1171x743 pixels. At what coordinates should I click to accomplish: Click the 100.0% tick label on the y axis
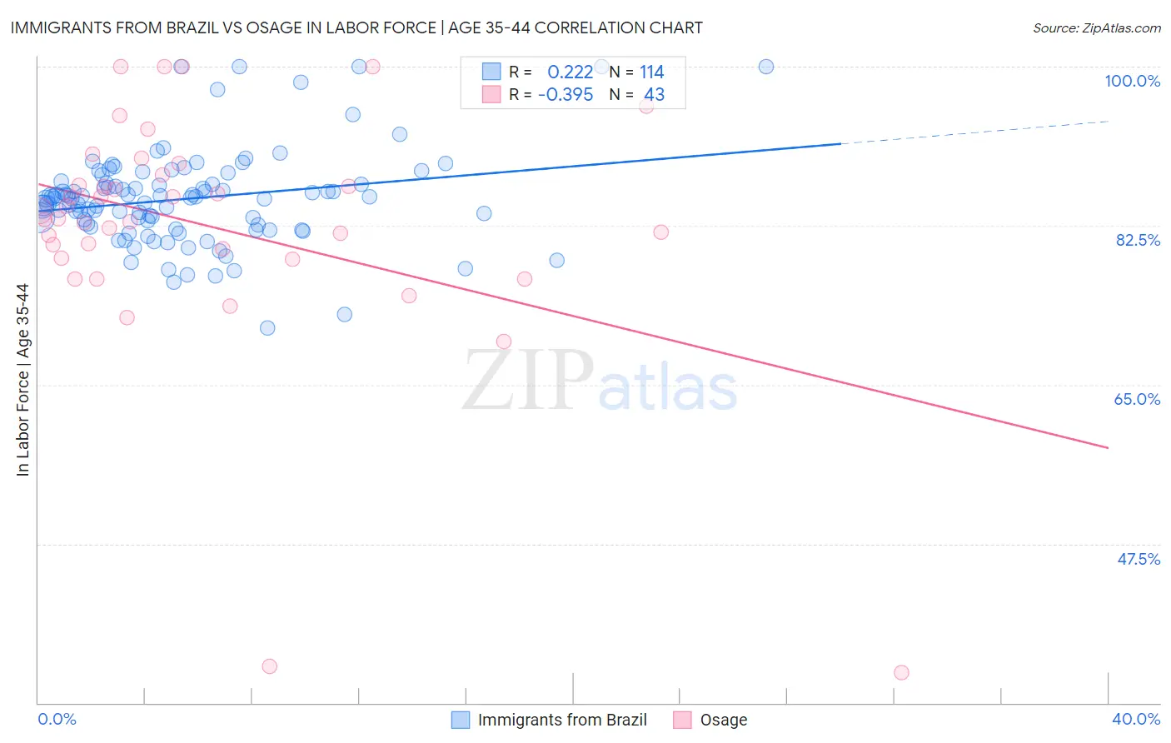(1132, 81)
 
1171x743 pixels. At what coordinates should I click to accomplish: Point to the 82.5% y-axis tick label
(1138, 240)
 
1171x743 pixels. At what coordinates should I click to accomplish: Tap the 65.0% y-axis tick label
(1137, 399)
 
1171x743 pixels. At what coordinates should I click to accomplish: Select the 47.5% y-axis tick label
(1139, 559)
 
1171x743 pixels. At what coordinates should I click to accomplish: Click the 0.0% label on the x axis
(57, 719)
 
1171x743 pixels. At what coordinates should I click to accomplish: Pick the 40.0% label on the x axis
(1135, 719)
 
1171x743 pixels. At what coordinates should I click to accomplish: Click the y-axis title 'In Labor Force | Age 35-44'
(22, 380)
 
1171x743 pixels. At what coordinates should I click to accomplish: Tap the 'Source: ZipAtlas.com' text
(1096, 27)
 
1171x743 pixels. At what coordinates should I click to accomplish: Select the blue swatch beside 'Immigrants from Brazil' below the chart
(461, 720)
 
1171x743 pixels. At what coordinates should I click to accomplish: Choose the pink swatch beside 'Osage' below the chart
(682, 720)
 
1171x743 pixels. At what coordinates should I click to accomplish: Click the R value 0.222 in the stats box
(570, 72)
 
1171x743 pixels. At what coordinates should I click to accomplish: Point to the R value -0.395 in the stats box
(566, 94)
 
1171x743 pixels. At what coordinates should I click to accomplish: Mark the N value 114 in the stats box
(651, 72)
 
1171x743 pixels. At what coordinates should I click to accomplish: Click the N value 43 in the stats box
(654, 94)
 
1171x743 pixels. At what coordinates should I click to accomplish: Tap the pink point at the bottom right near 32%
(901, 672)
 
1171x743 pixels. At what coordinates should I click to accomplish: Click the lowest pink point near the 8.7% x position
(269, 666)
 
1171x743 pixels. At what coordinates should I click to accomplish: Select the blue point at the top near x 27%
(766, 67)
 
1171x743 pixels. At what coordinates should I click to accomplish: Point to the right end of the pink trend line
(1107, 447)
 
